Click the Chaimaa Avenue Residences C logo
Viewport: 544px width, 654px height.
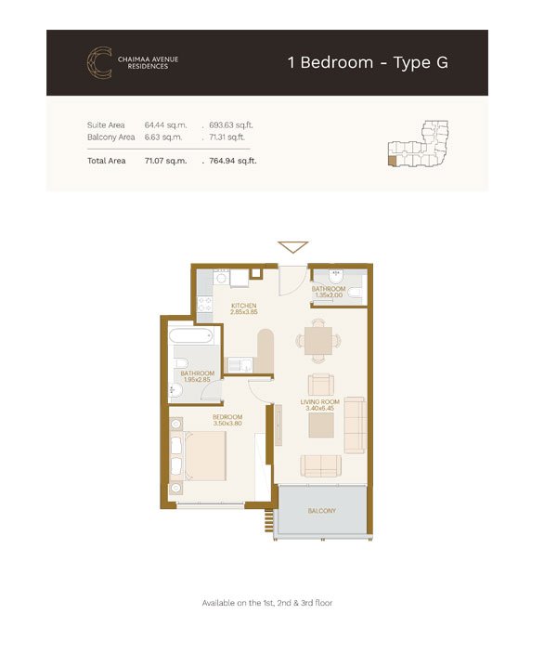click(x=98, y=62)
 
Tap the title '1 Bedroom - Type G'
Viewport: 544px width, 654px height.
click(x=368, y=62)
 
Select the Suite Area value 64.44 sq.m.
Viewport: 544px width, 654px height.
click(x=165, y=125)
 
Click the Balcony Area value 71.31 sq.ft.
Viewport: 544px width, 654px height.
click(x=227, y=137)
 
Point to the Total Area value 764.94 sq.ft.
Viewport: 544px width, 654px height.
click(x=233, y=161)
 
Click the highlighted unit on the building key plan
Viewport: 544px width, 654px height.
click(x=393, y=161)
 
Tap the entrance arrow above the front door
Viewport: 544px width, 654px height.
click(x=293, y=246)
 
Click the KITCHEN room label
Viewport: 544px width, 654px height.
click(x=244, y=306)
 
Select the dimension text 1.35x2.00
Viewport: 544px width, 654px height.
click(x=329, y=294)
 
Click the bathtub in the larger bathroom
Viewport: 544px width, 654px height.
click(x=192, y=335)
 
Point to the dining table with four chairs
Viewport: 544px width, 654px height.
click(x=318, y=340)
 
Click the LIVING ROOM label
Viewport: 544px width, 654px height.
click(x=319, y=402)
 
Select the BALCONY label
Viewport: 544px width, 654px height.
click(x=322, y=511)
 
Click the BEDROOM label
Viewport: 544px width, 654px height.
click(x=227, y=417)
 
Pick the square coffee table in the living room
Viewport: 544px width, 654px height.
click(x=321, y=425)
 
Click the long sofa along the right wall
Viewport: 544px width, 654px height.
click(x=356, y=425)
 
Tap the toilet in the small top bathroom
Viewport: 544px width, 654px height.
click(x=356, y=294)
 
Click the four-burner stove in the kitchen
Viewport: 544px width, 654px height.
click(x=204, y=304)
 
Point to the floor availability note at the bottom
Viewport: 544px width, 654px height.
click(x=267, y=603)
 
